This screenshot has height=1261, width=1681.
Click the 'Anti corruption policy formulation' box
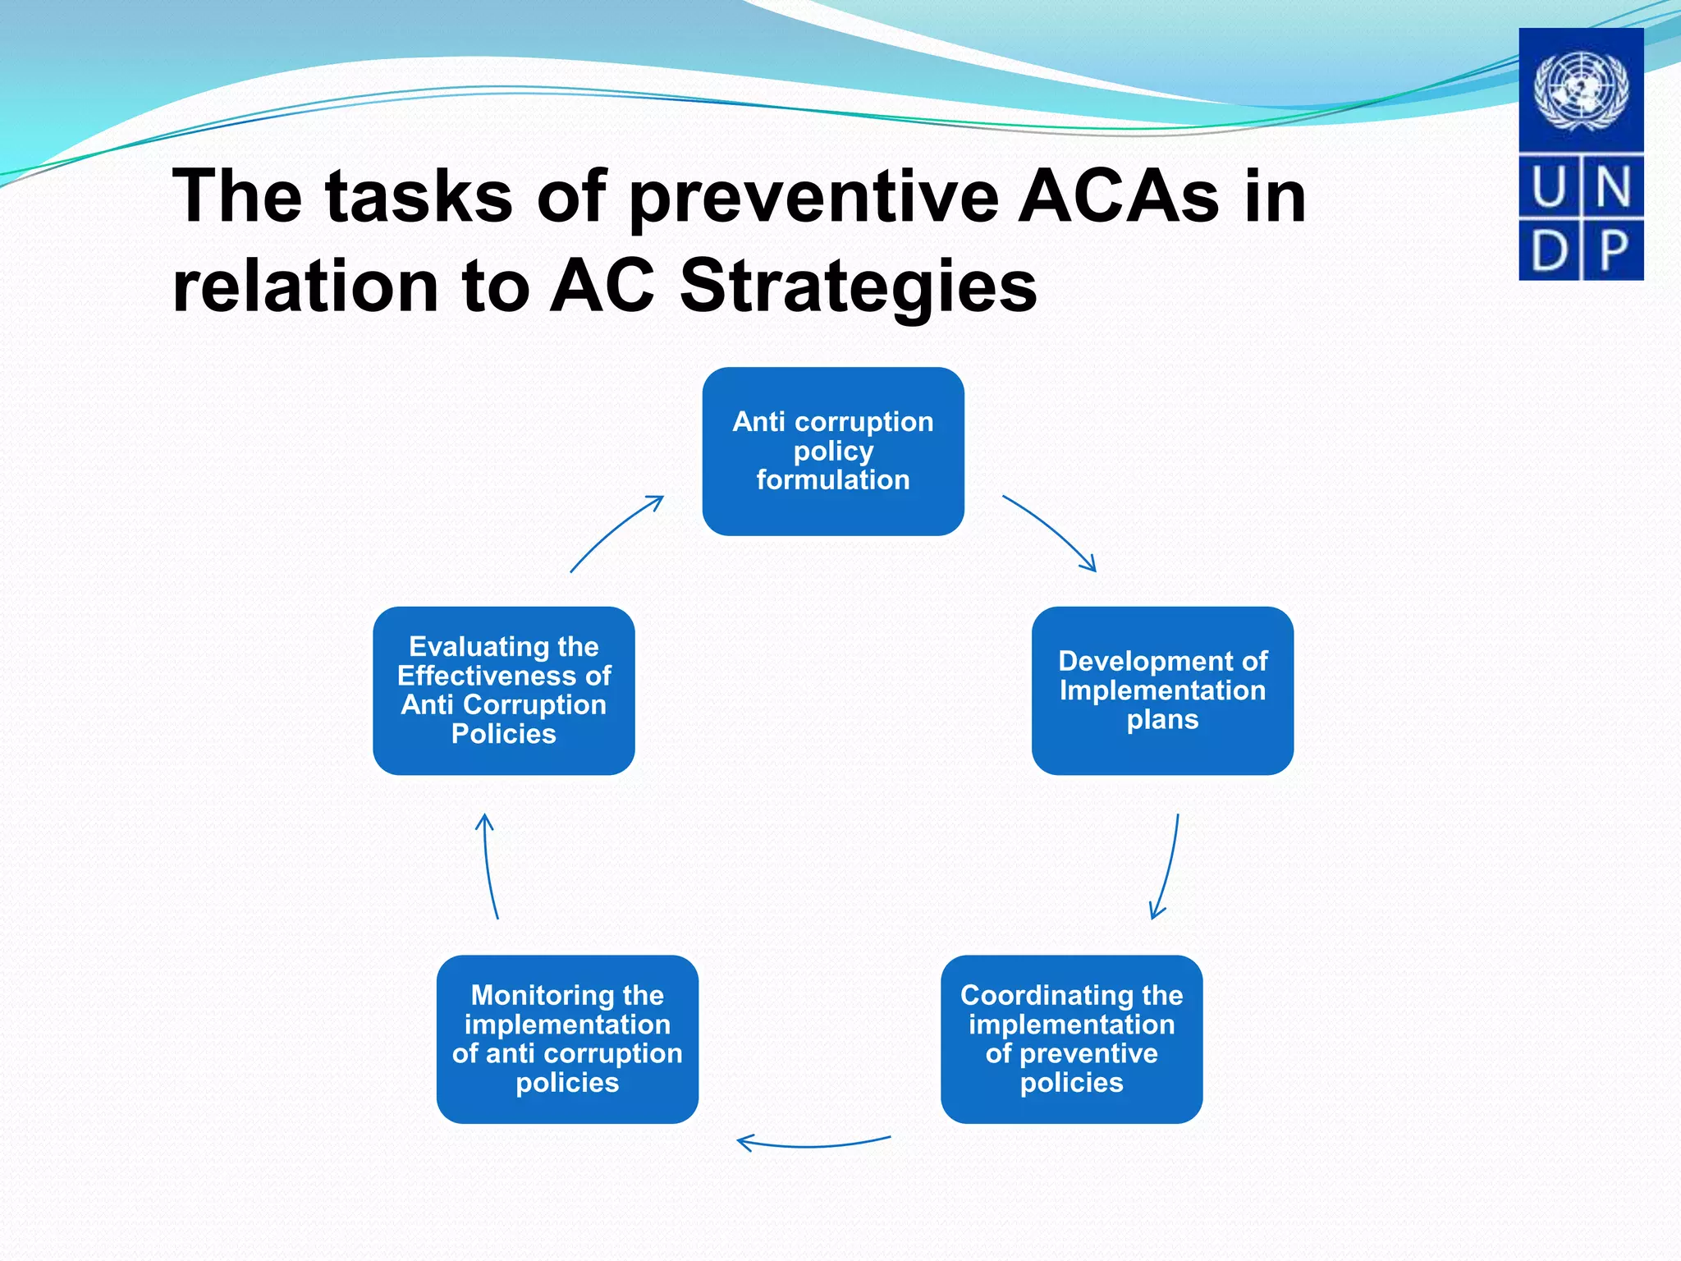click(x=832, y=451)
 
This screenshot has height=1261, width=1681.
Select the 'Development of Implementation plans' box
click(x=1162, y=690)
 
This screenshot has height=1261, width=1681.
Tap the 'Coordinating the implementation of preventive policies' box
click(x=1071, y=1039)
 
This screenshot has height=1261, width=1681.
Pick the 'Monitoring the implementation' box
click(x=567, y=1039)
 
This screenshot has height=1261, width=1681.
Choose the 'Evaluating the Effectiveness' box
click(x=503, y=690)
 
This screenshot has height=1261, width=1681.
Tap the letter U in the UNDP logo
click(x=1549, y=187)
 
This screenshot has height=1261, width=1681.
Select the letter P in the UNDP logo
click(x=1613, y=250)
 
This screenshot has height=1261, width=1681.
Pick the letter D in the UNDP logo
click(x=1549, y=250)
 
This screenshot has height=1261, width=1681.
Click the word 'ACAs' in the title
click(x=1119, y=197)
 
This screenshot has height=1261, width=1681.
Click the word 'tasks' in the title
click(x=419, y=197)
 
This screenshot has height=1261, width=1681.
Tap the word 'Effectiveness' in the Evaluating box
click(x=503, y=676)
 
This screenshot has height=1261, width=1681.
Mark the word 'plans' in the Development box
click(x=1162, y=720)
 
